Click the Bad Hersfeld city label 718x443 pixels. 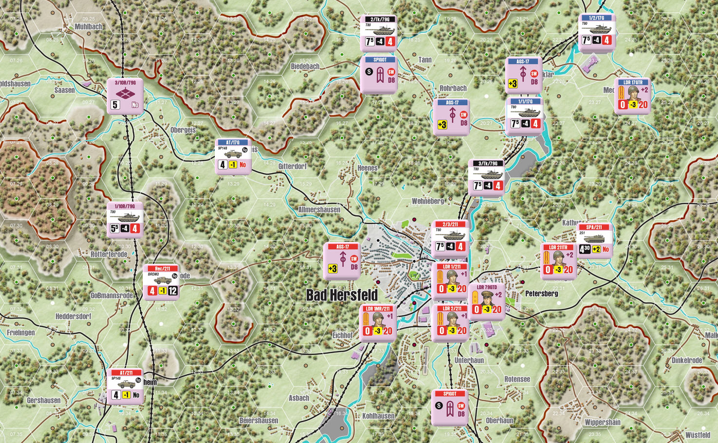[x=341, y=295]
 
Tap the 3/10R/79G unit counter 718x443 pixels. [x=125, y=96]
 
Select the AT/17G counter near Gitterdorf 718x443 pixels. [x=233, y=156]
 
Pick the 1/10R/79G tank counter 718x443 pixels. [x=125, y=220]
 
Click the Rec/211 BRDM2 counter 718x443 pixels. [x=161, y=282]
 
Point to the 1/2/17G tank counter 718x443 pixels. [x=596, y=32]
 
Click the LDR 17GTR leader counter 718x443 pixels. [x=632, y=96]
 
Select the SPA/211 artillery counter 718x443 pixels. [x=594, y=240]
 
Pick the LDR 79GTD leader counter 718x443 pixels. [x=486, y=301]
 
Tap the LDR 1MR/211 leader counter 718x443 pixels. [x=378, y=322]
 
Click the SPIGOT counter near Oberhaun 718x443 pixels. [x=450, y=407]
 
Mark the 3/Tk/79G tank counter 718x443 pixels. [x=487, y=177]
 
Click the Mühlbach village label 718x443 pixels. [x=88, y=27]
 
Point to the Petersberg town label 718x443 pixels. [x=541, y=294]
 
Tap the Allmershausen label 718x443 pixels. [x=319, y=210]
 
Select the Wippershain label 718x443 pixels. [x=602, y=422]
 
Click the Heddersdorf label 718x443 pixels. [x=73, y=316]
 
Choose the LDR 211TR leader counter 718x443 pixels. [x=558, y=261]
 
